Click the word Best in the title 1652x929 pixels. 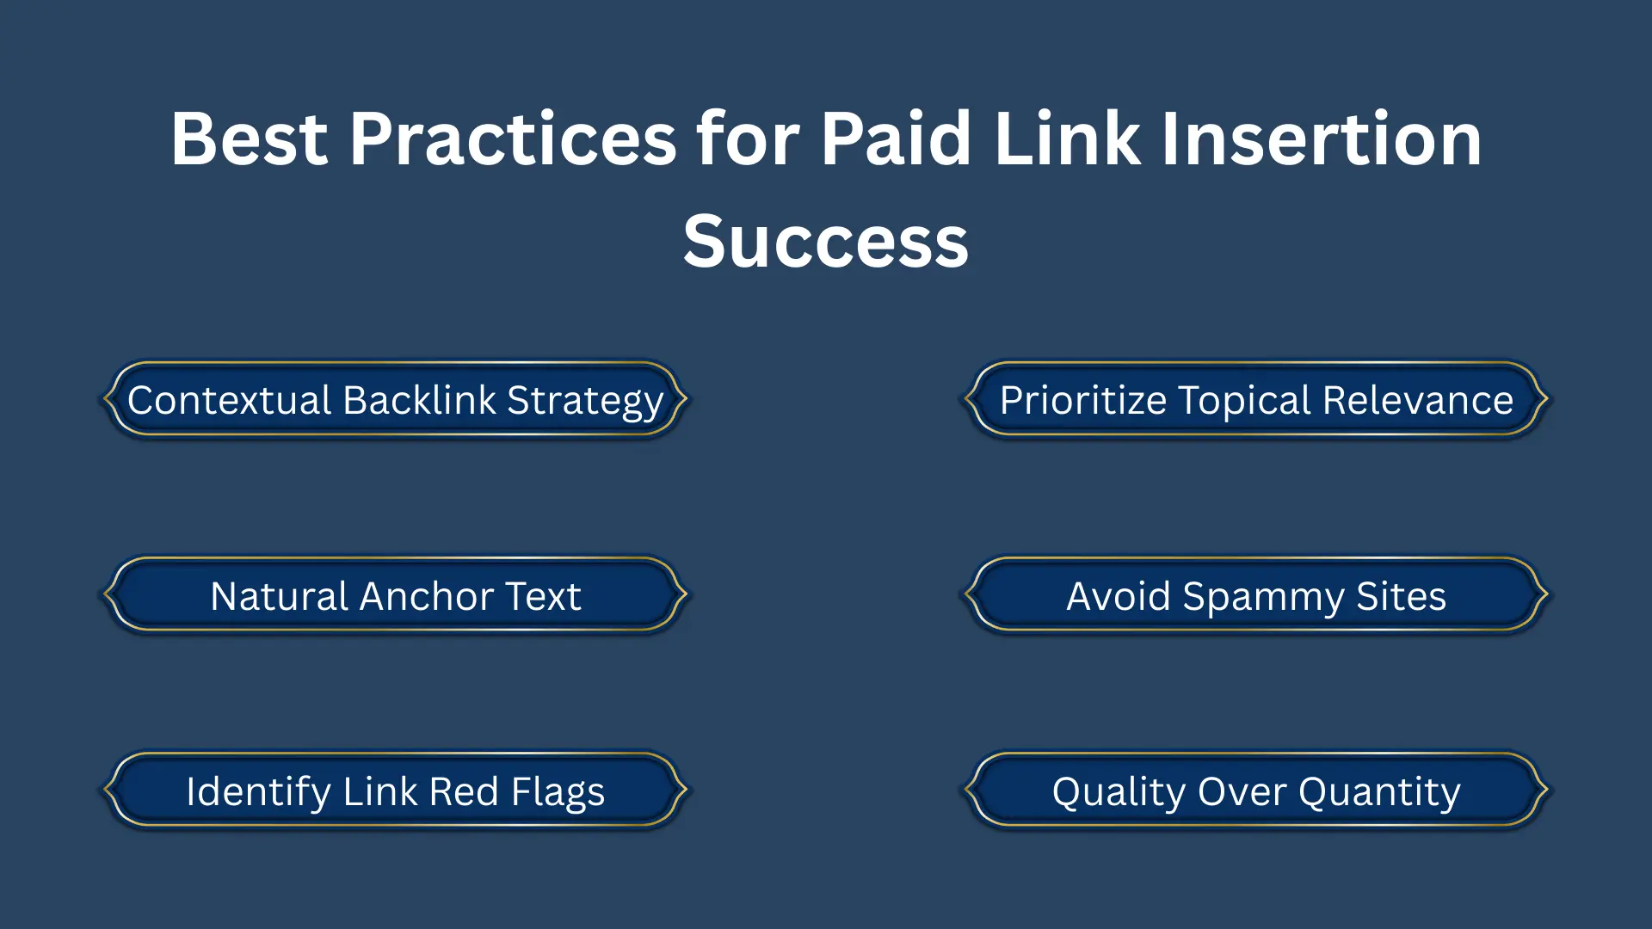pos(249,139)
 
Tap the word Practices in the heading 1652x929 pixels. pos(513,139)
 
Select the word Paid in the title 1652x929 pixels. pos(896,139)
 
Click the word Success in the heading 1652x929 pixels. pos(826,243)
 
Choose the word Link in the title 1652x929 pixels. pos(1067,139)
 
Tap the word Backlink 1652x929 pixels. pos(419,401)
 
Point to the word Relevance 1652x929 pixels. pos(1418,401)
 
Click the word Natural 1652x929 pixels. pos(279,596)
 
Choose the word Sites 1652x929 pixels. pos(1401,596)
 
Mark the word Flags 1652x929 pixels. pos(558,792)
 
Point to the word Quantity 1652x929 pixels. pos(1379,792)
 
